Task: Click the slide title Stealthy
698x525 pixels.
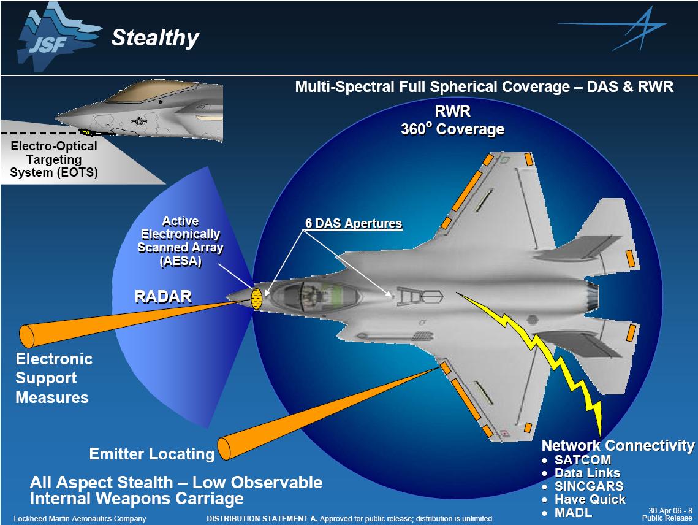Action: click(154, 38)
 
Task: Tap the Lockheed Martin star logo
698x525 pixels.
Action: click(613, 29)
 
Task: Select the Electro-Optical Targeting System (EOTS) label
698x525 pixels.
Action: click(54, 159)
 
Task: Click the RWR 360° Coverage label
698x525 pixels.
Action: click(453, 121)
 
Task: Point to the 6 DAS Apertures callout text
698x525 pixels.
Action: click(354, 223)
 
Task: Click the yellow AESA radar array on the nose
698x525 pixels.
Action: click(257, 299)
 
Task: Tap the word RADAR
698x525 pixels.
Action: click(163, 297)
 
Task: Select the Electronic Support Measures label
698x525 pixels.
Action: click(54, 378)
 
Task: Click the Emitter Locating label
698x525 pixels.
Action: click(151, 454)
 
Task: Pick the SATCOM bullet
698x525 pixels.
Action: click(582, 459)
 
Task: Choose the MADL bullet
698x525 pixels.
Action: click(573, 513)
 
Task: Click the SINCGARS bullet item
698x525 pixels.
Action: click(588, 486)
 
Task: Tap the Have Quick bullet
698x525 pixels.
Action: click(590, 499)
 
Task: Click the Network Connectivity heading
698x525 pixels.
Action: click(618, 445)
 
